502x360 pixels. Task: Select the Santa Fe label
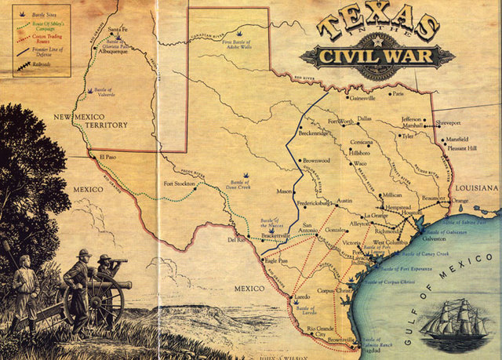pos(118,30)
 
